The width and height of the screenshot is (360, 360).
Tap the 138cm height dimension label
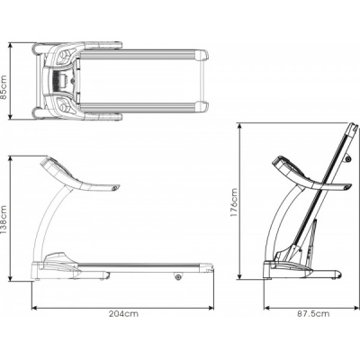(4, 220)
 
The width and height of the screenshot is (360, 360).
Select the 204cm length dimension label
(123, 314)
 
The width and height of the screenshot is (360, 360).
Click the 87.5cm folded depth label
(313, 314)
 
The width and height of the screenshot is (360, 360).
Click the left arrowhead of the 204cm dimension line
(34, 308)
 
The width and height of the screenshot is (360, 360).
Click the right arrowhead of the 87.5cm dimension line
(356, 308)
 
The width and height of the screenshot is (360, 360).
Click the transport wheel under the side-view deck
(179, 276)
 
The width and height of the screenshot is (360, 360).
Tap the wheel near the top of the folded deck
(348, 158)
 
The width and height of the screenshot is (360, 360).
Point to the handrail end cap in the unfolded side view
(115, 188)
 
